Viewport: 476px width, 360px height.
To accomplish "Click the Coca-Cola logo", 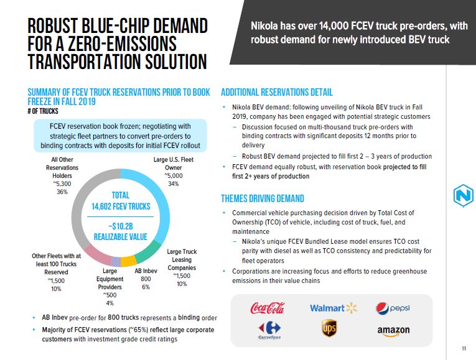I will coord(267,308).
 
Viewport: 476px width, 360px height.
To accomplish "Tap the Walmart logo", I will coord(334,308).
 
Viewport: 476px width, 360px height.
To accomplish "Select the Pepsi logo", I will coord(393,308).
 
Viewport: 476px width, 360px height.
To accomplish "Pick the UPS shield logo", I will coord(329,329).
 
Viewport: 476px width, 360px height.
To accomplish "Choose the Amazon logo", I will coord(393,330).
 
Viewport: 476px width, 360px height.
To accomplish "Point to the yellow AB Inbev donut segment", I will coord(128,261).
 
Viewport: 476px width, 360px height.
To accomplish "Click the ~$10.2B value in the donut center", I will coord(121,225).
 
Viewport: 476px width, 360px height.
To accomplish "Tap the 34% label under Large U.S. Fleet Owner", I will coord(174,184).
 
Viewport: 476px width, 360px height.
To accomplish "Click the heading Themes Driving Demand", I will coord(263,199).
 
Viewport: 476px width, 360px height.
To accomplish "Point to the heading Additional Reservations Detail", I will coord(277,93).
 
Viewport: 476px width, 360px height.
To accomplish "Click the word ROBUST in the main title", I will coord(64,27).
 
